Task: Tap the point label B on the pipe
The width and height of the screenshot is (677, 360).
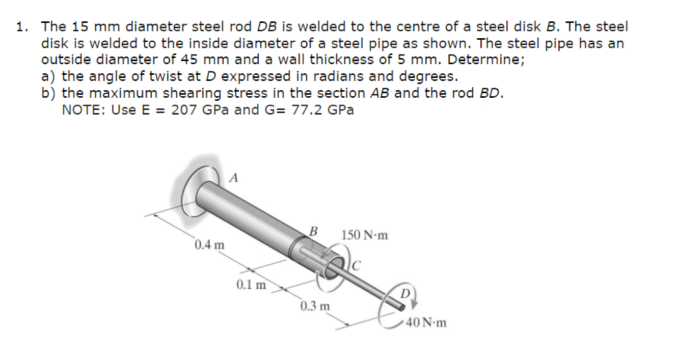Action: point(314,231)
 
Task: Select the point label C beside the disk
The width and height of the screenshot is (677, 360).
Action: point(357,265)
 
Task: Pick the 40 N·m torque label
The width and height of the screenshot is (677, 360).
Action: point(427,322)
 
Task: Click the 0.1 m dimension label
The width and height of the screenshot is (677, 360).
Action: point(251,285)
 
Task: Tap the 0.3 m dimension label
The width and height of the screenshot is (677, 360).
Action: point(315,307)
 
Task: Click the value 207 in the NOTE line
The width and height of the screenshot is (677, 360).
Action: point(184,109)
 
